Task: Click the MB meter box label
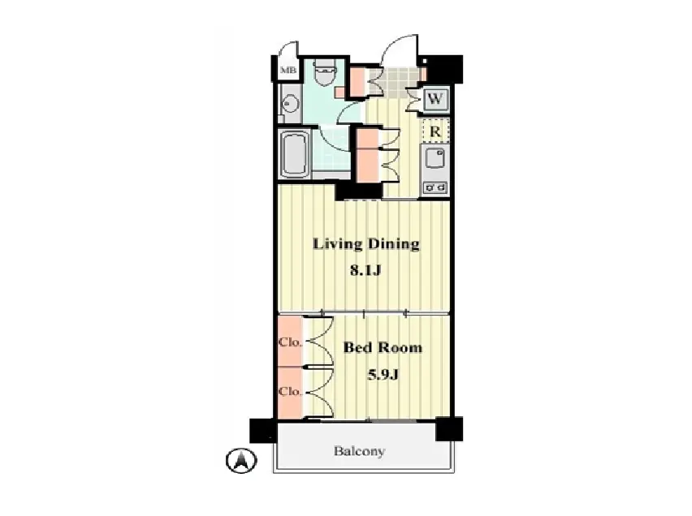[x=288, y=70]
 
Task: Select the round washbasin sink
[x=290, y=104]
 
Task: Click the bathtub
[x=294, y=154]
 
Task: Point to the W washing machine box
[x=435, y=99]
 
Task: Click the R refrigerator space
[x=435, y=131]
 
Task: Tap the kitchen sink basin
[x=435, y=159]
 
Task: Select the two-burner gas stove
[x=435, y=188]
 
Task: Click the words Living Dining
[x=365, y=244]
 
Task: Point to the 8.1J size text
[x=365, y=270]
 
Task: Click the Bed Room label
[x=383, y=347]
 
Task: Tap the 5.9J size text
[x=383, y=375]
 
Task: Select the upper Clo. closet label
[x=291, y=342]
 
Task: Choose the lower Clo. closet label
[x=291, y=391]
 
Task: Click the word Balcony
[x=359, y=451]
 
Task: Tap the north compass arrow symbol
[x=241, y=461]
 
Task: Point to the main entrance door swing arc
[x=395, y=43]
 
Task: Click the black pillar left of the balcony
[x=263, y=431]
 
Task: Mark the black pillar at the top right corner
[x=445, y=69]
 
